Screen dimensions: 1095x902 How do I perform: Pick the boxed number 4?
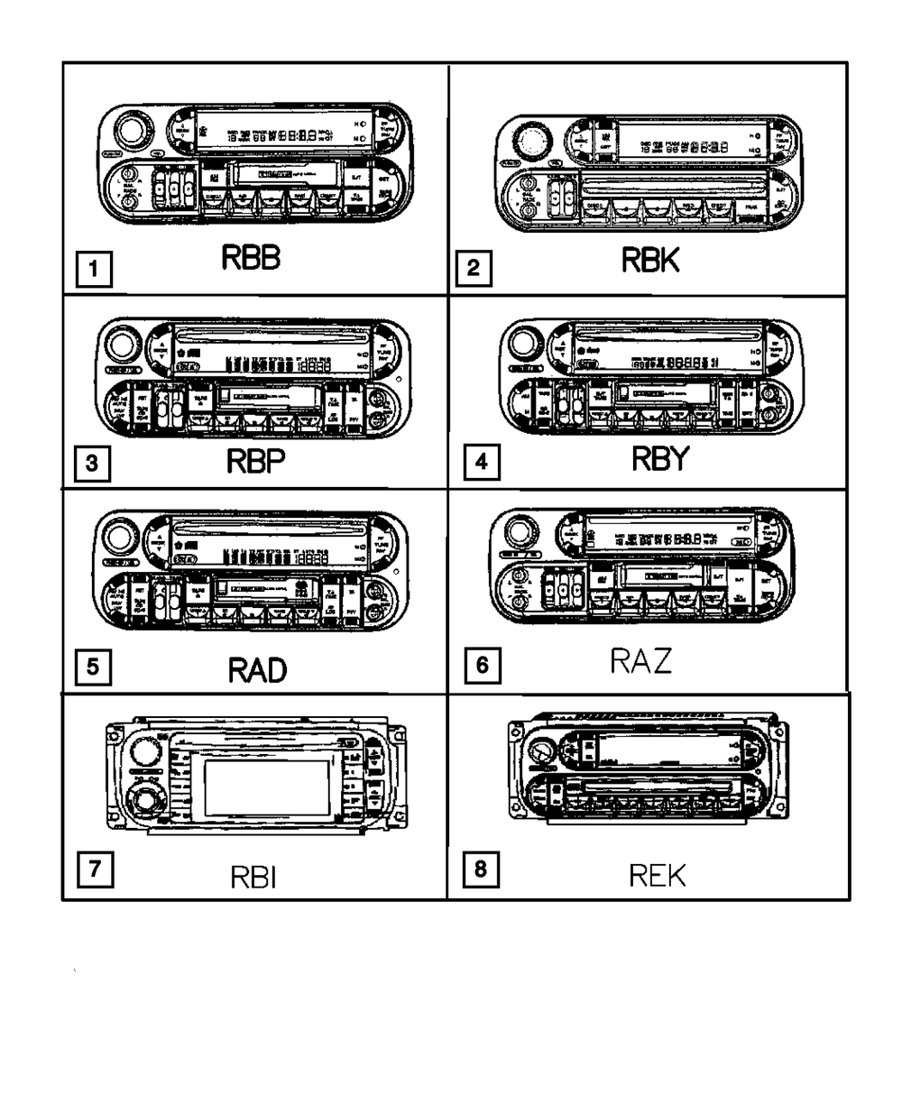481,463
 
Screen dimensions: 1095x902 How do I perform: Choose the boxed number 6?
483,667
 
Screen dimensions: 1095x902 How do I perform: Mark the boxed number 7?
94,870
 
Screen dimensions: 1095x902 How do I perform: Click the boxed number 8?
480,870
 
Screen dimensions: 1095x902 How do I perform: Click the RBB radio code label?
251,259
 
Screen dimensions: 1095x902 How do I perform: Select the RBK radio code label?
649,262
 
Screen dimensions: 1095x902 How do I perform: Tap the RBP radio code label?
255,463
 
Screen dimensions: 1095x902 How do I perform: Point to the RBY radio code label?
658,460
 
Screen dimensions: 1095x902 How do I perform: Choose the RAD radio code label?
257,670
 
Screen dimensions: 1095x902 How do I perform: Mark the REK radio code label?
657,874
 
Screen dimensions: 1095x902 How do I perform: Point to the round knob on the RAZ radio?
522,530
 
